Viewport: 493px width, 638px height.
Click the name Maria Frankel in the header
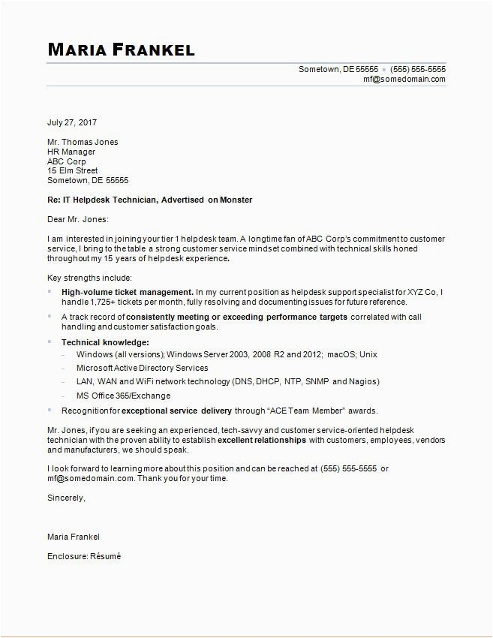pyautogui.click(x=121, y=50)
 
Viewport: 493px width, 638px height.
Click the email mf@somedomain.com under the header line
pyautogui.click(x=404, y=79)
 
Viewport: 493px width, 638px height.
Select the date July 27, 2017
pyautogui.click(x=72, y=122)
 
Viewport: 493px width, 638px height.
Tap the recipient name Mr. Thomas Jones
pyautogui.click(x=83, y=142)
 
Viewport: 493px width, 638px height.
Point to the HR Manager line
pyautogui.click(x=71, y=152)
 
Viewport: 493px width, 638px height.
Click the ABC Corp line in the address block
pyautogui.click(x=67, y=161)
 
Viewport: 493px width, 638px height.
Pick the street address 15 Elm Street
pyautogui.click(x=73, y=171)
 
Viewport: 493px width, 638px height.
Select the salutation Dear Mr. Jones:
pyautogui.click(x=78, y=219)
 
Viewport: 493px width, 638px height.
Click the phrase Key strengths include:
pyautogui.click(x=89, y=278)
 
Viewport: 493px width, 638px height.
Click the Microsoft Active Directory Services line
pyautogui.click(x=143, y=368)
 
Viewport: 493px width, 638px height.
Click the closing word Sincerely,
pyautogui.click(x=66, y=497)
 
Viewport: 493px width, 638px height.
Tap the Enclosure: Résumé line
pyautogui.click(x=84, y=556)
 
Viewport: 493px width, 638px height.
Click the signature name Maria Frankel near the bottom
pyautogui.click(x=74, y=537)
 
